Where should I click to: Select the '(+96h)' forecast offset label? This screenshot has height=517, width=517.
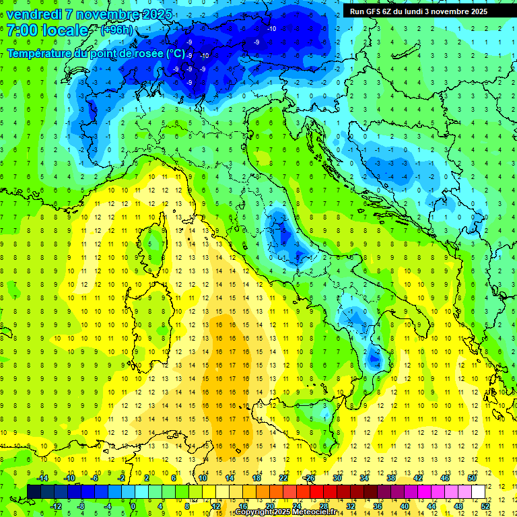click(116, 30)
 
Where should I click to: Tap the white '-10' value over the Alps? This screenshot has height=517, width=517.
click(272, 28)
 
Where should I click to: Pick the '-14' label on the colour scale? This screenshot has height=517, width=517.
click(42, 478)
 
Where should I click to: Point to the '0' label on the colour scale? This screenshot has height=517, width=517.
click(133, 506)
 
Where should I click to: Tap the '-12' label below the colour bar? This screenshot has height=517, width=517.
click(56, 506)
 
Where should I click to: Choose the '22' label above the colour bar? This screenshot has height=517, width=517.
click(283, 478)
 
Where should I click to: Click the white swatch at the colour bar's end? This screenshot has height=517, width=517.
click(477, 491)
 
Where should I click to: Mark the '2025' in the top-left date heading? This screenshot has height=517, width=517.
click(154, 13)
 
